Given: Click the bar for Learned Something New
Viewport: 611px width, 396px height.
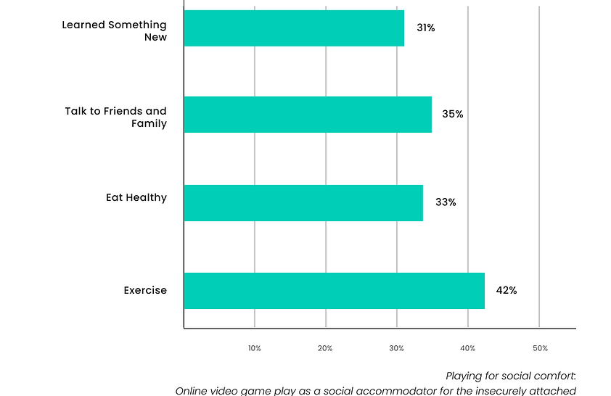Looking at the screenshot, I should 294,28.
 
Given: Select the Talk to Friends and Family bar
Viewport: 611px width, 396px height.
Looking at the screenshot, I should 308,115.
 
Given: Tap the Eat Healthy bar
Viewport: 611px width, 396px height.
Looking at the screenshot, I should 303,202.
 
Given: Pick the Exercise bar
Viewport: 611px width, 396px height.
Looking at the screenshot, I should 334,291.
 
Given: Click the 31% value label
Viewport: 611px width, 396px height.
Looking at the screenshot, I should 425,28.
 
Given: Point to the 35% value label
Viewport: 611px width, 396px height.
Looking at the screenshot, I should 452,115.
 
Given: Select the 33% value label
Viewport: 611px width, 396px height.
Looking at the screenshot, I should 445,202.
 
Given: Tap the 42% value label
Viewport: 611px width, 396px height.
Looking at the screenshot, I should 506,291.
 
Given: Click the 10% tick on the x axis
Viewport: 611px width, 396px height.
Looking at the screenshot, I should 255,349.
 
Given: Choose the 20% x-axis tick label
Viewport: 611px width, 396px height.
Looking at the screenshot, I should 326,349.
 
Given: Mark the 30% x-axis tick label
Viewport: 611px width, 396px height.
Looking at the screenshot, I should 397,349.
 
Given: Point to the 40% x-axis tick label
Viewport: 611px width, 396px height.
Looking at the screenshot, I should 468,349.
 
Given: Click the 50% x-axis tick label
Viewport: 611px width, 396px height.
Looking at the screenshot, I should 540,349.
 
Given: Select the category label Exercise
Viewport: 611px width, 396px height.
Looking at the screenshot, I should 145,291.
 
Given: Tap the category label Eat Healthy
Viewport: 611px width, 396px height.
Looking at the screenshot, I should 136,197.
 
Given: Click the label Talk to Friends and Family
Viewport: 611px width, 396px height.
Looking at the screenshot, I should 116,117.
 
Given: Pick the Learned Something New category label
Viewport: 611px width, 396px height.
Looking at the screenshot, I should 115,30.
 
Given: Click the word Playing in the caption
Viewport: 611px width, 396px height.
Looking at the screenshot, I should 466,376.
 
